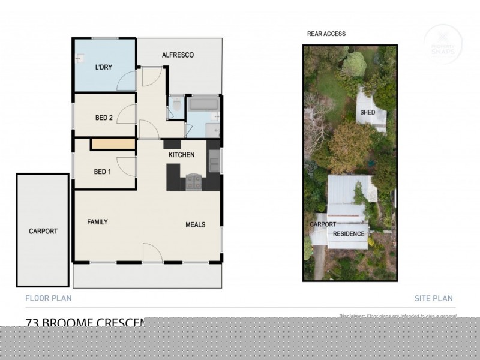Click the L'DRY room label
coord(104,67)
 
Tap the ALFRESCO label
coord(178,55)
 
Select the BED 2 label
coord(104,118)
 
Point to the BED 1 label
coord(103,172)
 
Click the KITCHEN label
coord(181,155)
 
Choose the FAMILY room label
coord(98,222)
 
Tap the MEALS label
coord(196,225)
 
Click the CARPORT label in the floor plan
coord(43,231)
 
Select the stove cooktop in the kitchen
coord(194,182)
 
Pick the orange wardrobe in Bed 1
coord(113,145)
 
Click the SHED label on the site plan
coord(368,112)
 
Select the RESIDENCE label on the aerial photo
coord(349,233)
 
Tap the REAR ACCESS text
coord(326,34)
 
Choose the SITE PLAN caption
coord(433,298)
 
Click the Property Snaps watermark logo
coord(443,43)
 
